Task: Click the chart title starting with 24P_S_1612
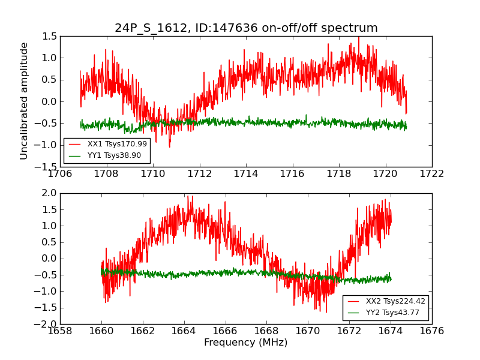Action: (246, 28)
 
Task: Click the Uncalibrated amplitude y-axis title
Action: (25, 101)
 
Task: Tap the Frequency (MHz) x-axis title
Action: (246, 343)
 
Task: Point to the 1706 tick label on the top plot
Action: (60, 174)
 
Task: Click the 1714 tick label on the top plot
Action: (246, 174)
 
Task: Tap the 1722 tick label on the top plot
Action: (432, 174)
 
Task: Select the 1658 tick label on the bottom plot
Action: (60, 331)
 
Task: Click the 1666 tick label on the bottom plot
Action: (246, 331)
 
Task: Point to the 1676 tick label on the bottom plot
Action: (432, 331)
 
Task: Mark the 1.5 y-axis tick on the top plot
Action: (50, 37)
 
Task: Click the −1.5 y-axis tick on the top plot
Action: (47, 167)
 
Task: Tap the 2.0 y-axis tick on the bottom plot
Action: (50, 193)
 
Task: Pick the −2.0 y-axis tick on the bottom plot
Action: (47, 324)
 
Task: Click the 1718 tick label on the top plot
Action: (339, 174)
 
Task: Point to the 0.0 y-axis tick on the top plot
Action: (50, 101)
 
